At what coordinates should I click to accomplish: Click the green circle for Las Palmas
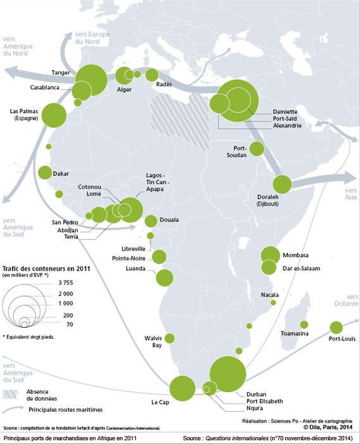(x=54, y=114)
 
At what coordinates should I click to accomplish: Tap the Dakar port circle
(x=45, y=172)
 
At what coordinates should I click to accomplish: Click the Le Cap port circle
(x=182, y=388)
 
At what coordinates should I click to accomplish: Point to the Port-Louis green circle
(x=336, y=327)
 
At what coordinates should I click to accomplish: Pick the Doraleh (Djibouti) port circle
(x=282, y=185)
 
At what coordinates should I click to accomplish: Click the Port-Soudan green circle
(x=256, y=149)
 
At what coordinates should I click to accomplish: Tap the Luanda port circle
(x=164, y=277)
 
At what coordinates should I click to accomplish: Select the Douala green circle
(x=151, y=221)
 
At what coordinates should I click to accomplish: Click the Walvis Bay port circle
(x=170, y=338)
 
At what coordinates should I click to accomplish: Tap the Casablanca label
(x=44, y=87)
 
